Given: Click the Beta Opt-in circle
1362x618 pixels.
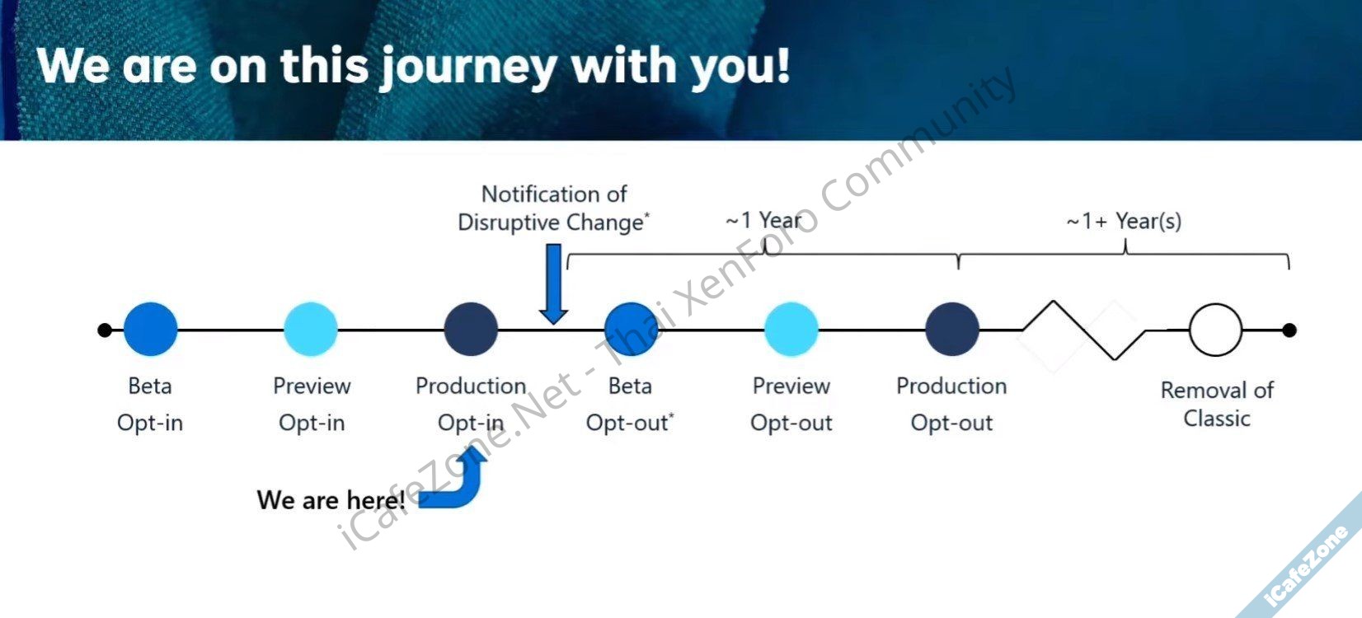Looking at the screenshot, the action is pyautogui.click(x=150, y=329).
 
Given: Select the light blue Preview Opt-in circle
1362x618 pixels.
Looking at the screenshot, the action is pyautogui.click(x=311, y=329).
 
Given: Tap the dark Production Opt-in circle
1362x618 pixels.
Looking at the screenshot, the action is pyautogui.click(x=471, y=329).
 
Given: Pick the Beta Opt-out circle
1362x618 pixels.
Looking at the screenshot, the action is pyautogui.click(x=632, y=329).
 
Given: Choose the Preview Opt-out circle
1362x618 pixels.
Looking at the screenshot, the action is pyautogui.click(x=791, y=329).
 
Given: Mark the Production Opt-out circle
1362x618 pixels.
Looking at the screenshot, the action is pyautogui.click(x=952, y=329).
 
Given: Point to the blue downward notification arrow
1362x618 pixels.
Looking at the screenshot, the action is pyautogui.click(x=553, y=283).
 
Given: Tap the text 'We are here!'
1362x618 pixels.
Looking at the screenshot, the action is pyautogui.click(x=331, y=500).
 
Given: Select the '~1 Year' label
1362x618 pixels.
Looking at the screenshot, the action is pyautogui.click(x=763, y=220).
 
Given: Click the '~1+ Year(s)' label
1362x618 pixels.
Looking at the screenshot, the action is pyautogui.click(x=1125, y=221).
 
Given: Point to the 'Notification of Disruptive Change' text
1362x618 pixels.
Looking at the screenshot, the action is pyautogui.click(x=554, y=208).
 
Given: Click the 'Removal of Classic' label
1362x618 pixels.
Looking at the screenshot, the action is pyautogui.click(x=1217, y=404).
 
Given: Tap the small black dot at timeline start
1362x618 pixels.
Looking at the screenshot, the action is pyautogui.click(x=105, y=330).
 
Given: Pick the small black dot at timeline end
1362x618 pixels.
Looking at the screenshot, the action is pyautogui.click(x=1289, y=330).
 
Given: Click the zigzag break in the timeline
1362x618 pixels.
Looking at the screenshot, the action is pyautogui.click(x=1084, y=330).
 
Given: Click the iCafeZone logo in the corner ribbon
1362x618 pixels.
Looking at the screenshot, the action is pyautogui.click(x=1305, y=566).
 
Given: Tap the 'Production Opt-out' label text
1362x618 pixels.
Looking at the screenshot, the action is pyautogui.click(x=951, y=404).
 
